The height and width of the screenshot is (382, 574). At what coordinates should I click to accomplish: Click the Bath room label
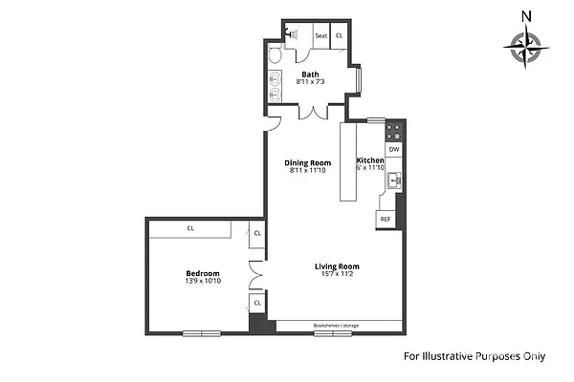click(310, 74)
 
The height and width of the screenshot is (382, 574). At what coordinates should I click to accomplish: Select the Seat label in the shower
click(321, 36)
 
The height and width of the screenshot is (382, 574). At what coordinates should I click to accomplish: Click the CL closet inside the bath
click(340, 36)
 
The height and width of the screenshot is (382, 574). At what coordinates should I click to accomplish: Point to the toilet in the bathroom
click(275, 56)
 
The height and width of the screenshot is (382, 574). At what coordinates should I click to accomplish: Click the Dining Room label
click(307, 162)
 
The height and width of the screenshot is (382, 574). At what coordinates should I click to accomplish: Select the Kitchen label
click(370, 160)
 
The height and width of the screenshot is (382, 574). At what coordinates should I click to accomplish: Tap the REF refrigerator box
click(386, 220)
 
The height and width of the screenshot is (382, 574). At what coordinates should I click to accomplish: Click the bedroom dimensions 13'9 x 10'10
click(203, 281)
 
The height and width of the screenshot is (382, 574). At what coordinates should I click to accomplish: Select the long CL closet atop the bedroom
click(190, 228)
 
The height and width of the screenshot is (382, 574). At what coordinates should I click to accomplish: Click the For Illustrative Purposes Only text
click(474, 356)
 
